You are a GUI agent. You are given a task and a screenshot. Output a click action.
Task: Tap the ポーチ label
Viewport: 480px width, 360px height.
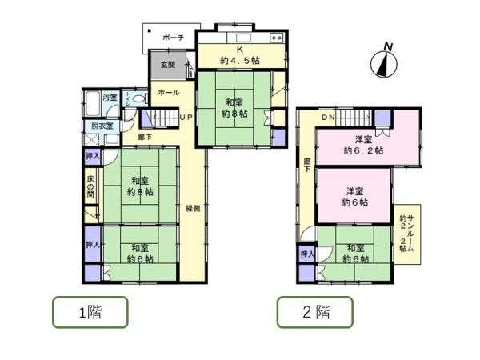coord(173,38)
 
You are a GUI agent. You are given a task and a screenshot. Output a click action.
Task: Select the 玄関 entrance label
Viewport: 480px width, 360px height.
coord(167,65)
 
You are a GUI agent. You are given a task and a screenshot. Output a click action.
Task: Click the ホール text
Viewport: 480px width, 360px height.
coord(168,94)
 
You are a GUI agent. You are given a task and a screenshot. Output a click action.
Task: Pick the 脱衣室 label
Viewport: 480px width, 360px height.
coord(102,126)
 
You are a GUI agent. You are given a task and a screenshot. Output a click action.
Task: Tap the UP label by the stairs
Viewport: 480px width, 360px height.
coord(185,118)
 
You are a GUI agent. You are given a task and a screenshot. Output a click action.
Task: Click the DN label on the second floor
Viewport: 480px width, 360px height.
coord(328,118)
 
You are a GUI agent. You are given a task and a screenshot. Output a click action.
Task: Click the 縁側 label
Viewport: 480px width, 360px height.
coord(193,209)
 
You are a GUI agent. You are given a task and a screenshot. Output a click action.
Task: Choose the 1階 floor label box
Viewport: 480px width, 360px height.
coord(90,312)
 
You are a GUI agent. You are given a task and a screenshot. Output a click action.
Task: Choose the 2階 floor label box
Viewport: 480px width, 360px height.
coord(314,312)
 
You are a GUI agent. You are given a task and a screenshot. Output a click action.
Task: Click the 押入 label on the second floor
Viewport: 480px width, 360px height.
coord(307,254)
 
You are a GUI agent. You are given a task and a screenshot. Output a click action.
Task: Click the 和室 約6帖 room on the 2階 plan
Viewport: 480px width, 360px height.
coord(352,254)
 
